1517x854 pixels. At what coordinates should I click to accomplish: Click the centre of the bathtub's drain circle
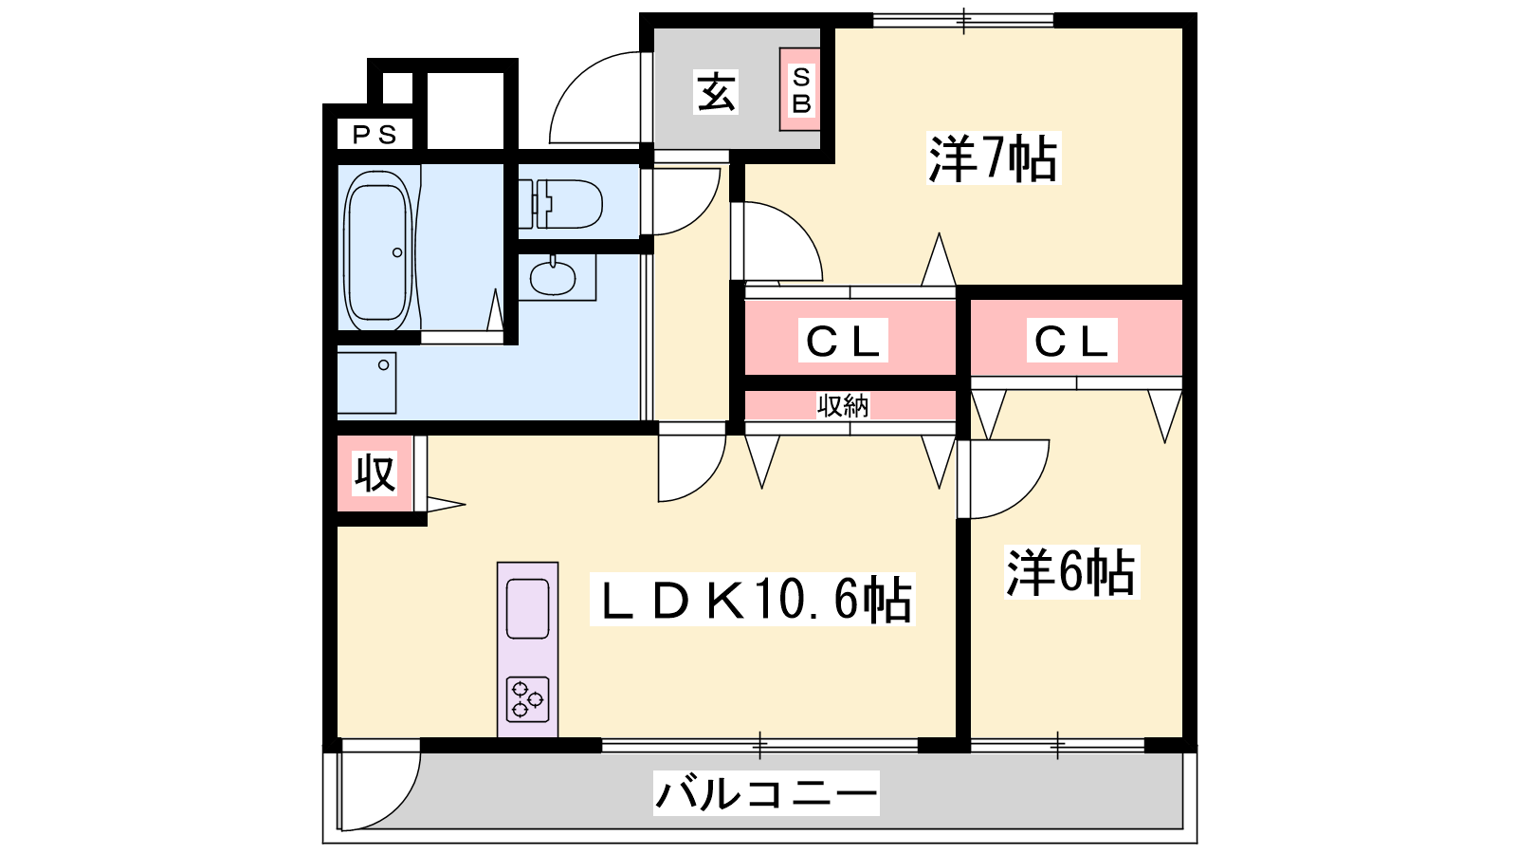[397, 252]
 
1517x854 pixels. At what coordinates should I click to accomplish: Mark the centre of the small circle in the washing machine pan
[383, 365]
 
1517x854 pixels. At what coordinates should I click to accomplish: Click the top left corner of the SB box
[780, 48]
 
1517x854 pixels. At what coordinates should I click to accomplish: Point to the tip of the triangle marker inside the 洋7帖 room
[939, 233]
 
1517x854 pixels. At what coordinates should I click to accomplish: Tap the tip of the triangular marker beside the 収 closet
[466, 504]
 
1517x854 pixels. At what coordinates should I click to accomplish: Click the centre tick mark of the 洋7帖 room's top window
[963, 20]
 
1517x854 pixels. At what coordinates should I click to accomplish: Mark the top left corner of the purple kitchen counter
[498, 563]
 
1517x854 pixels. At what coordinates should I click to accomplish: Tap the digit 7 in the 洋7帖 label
[992, 159]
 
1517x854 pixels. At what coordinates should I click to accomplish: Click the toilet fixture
[560, 203]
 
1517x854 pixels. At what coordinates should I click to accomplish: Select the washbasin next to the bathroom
[554, 276]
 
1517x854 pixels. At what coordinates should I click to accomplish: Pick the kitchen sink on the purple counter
[527, 608]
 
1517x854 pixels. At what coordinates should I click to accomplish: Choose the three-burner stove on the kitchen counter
[527, 698]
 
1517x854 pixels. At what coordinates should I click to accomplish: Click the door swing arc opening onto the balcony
[399, 807]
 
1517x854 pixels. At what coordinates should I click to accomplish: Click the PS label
[375, 135]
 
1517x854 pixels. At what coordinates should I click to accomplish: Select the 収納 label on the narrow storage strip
[843, 405]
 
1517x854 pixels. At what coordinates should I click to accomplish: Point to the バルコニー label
[766, 793]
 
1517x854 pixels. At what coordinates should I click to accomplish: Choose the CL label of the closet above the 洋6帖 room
[1071, 340]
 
